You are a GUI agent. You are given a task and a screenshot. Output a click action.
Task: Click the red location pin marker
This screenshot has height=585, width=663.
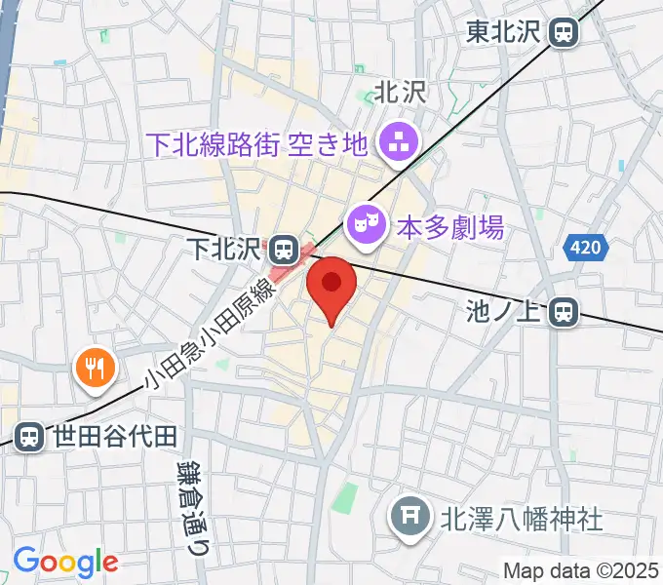coord(332,286)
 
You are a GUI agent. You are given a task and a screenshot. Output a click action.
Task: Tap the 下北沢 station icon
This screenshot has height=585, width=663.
coord(284,249)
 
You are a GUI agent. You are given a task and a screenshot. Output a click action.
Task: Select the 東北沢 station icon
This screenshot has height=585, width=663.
coord(564,32)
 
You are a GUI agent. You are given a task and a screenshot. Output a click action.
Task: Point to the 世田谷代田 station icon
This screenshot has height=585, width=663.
coord(30,436)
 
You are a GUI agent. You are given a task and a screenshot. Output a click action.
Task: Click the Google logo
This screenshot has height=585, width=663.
coord(65,562)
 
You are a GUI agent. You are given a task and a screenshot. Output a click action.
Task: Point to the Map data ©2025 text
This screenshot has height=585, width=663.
coord(581,570)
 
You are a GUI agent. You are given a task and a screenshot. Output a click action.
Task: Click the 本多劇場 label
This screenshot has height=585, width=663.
coord(449,227)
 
